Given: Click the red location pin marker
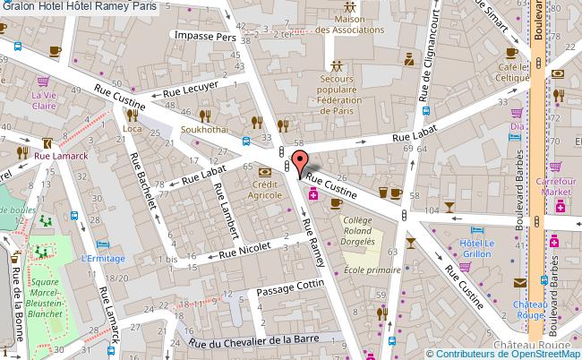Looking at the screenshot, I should pyautogui.click(x=301, y=162).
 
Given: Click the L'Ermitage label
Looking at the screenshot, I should pyautogui.click(x=101, y=259).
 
